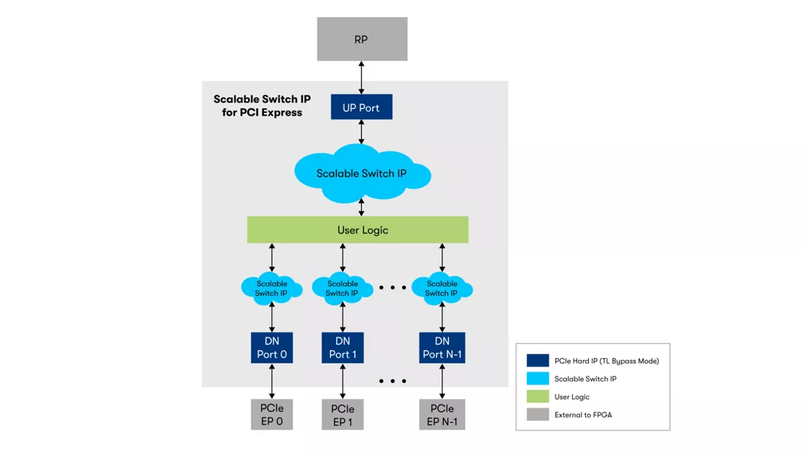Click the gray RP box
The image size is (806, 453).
362,39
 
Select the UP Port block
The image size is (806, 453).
361,107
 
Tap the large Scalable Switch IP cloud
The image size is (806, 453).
362,174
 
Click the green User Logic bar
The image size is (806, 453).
358,230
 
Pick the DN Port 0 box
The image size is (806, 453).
271,348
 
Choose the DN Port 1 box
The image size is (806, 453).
342,348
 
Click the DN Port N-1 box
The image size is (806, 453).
442,348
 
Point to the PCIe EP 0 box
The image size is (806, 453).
271,415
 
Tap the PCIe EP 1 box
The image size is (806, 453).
342,415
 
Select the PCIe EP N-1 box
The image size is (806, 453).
442,415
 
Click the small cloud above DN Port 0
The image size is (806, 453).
271,288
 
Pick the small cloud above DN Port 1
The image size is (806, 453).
342,288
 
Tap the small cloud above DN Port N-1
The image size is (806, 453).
442,288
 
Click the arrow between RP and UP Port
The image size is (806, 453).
362,78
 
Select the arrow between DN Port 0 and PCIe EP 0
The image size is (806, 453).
272,382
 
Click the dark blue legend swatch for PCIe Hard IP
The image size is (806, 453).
538,361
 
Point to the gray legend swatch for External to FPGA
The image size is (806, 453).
538,415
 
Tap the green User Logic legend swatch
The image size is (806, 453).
538,397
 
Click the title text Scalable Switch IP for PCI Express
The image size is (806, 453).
262,106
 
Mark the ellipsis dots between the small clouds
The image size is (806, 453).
392,288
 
